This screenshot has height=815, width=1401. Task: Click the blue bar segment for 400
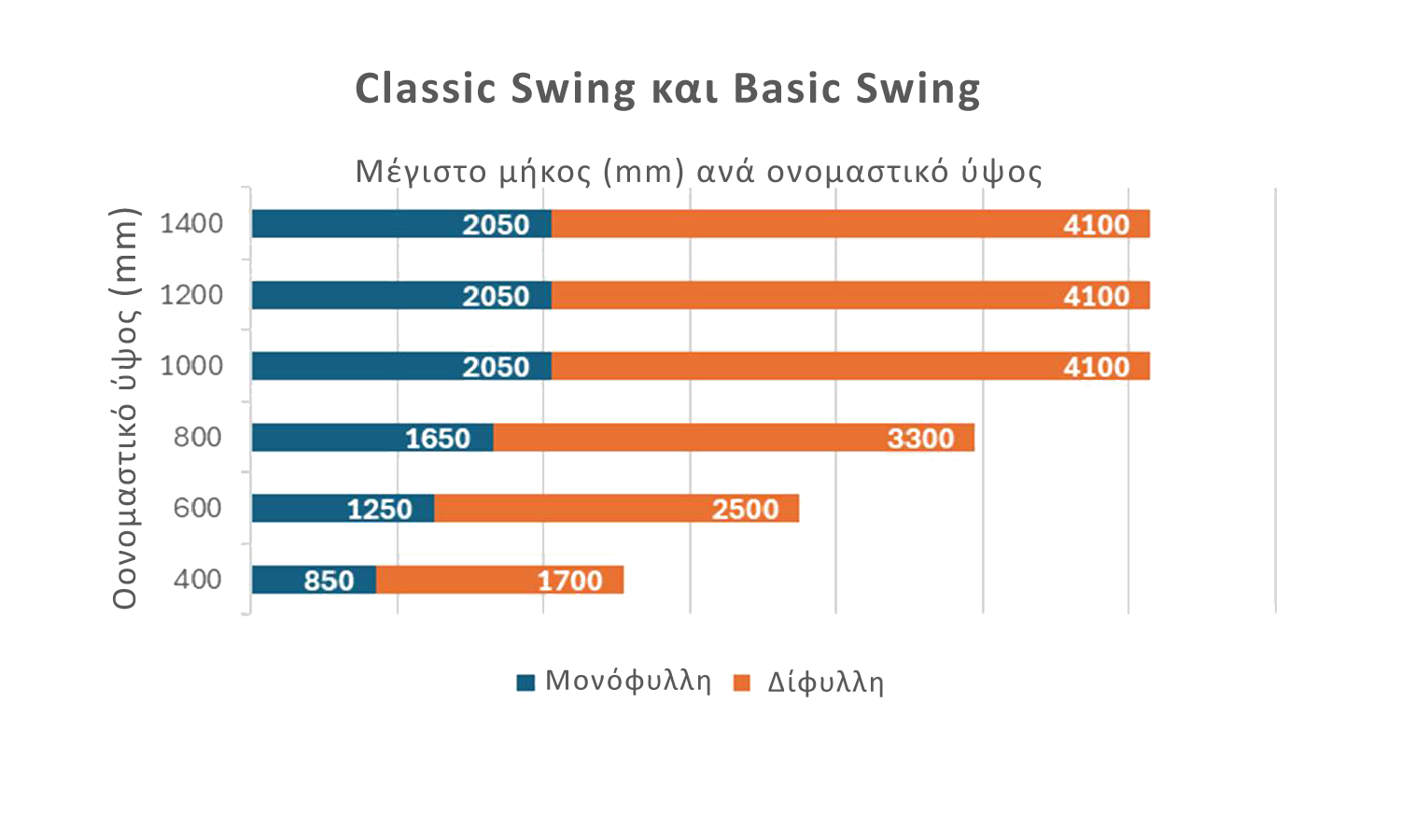click(314, 580)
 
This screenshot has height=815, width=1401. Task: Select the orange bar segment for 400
click(499, 580)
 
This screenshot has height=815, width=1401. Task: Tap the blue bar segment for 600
click(343, 509)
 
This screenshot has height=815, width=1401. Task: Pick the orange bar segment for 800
click(734, 437)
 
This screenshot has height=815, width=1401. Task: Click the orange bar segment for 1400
click(850, 224)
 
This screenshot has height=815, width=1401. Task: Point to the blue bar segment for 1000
click(401, 366)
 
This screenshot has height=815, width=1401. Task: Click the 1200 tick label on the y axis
click(191, 295)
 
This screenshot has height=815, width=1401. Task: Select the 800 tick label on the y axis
click(198, 437)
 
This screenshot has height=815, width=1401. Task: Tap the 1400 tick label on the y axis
click(191, 224)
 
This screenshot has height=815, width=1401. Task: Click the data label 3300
click(920, 439)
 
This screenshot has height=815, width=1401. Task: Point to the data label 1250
click(380, 510)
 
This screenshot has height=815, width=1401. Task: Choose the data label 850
click(329, 581)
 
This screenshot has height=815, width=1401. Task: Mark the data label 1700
click(569, 581)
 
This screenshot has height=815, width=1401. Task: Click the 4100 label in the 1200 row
click(1097, 297)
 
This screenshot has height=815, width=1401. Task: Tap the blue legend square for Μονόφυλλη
click(526, 682)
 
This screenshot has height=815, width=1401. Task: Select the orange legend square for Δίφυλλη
click(741, 682)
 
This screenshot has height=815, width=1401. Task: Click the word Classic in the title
click(426, 88)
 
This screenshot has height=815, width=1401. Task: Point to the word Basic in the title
click(786, 88)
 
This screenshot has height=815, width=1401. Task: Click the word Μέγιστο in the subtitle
click(421, 171)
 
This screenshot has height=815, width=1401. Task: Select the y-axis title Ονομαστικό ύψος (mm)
click(124, 408)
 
